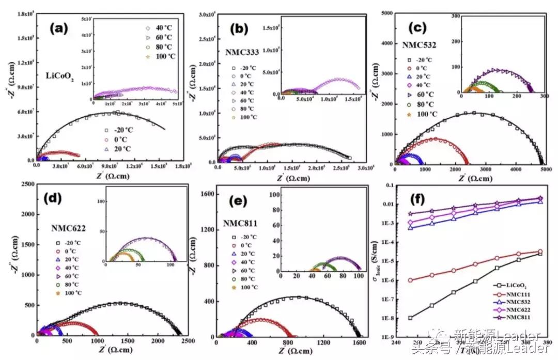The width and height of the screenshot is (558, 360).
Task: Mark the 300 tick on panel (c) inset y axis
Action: [455, 16]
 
